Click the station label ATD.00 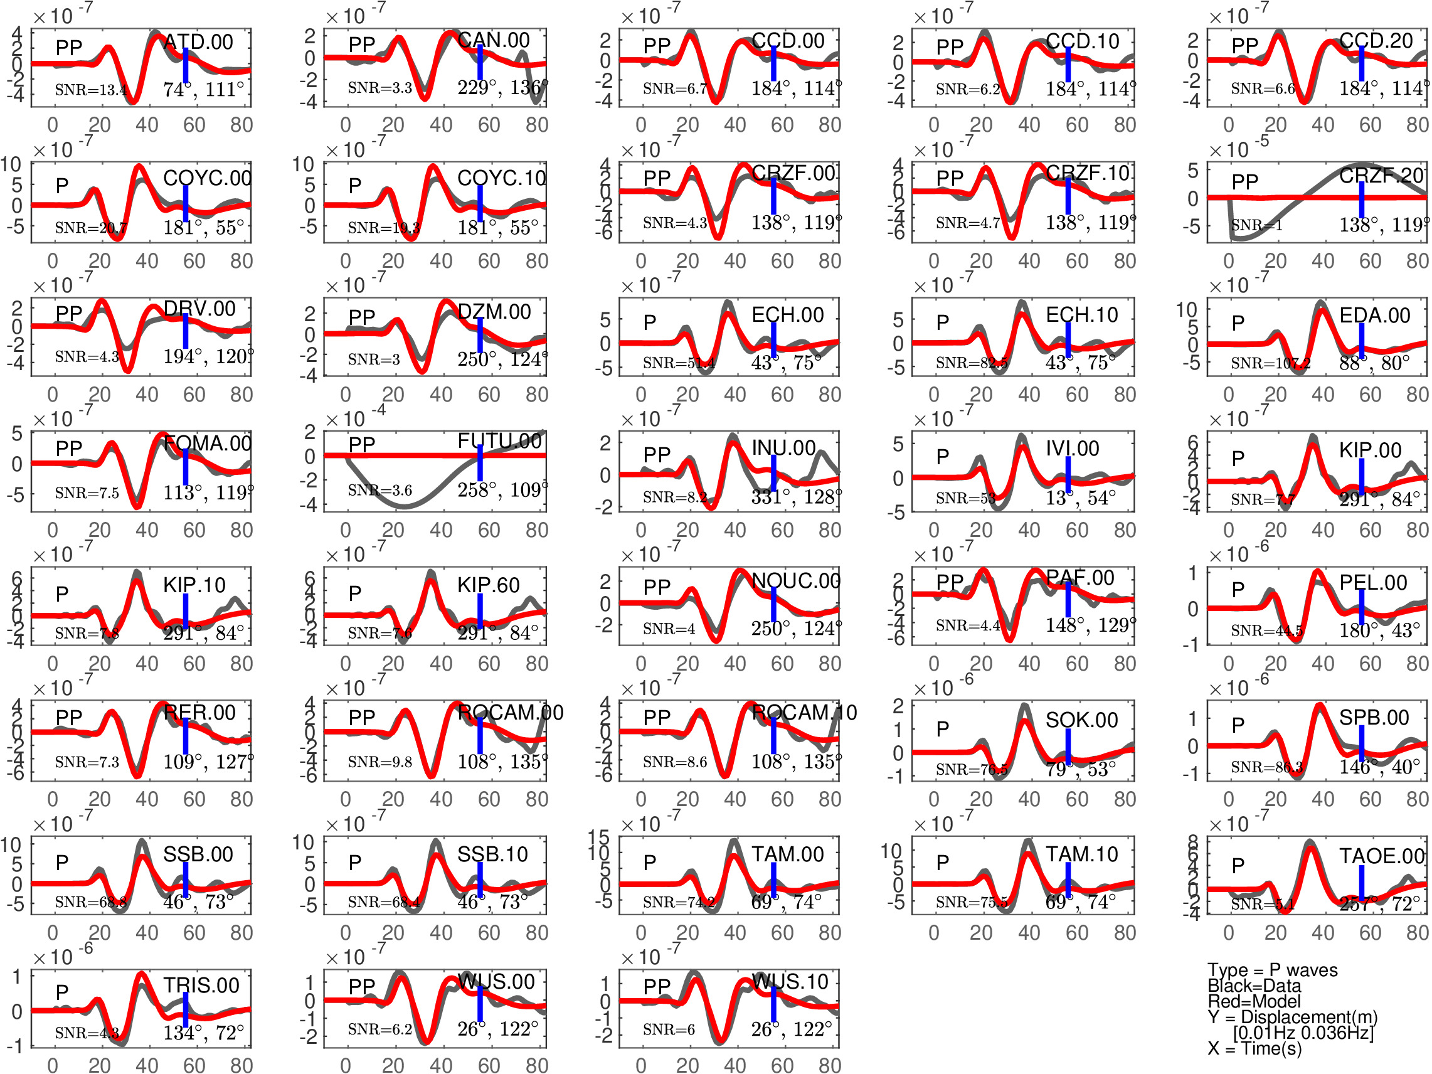(198, 42)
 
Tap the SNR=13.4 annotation (90, 90)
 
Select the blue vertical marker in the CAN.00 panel (480, 63)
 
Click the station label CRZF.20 (1381, 176)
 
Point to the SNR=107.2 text (1270, 363)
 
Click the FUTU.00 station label (499, 441)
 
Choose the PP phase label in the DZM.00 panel (361, 317)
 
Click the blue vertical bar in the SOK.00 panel (1068, 747)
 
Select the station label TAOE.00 (1381, 856)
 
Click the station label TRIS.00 (201, 986)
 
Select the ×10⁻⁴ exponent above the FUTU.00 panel (355, 418)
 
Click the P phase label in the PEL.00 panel (1238, 589)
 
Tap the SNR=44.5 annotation (1266, 630)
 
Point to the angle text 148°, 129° (1090, 625)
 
